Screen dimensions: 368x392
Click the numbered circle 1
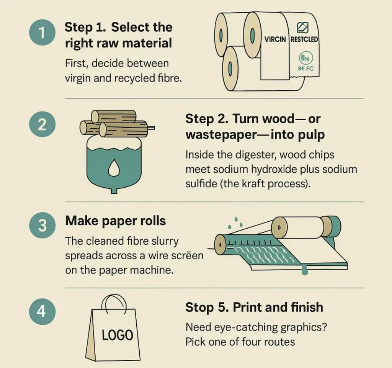(x=42, y=34)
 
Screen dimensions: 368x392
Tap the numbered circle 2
(x=42, y=125)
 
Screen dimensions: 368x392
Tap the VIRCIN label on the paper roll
(x=275, y=39)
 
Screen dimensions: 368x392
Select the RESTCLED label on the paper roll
(x=304, y=39)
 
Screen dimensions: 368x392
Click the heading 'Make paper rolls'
(x=115, y=221)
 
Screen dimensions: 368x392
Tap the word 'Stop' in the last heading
(x=199, y=307)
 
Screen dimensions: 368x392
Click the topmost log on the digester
(x=114, y=116)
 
